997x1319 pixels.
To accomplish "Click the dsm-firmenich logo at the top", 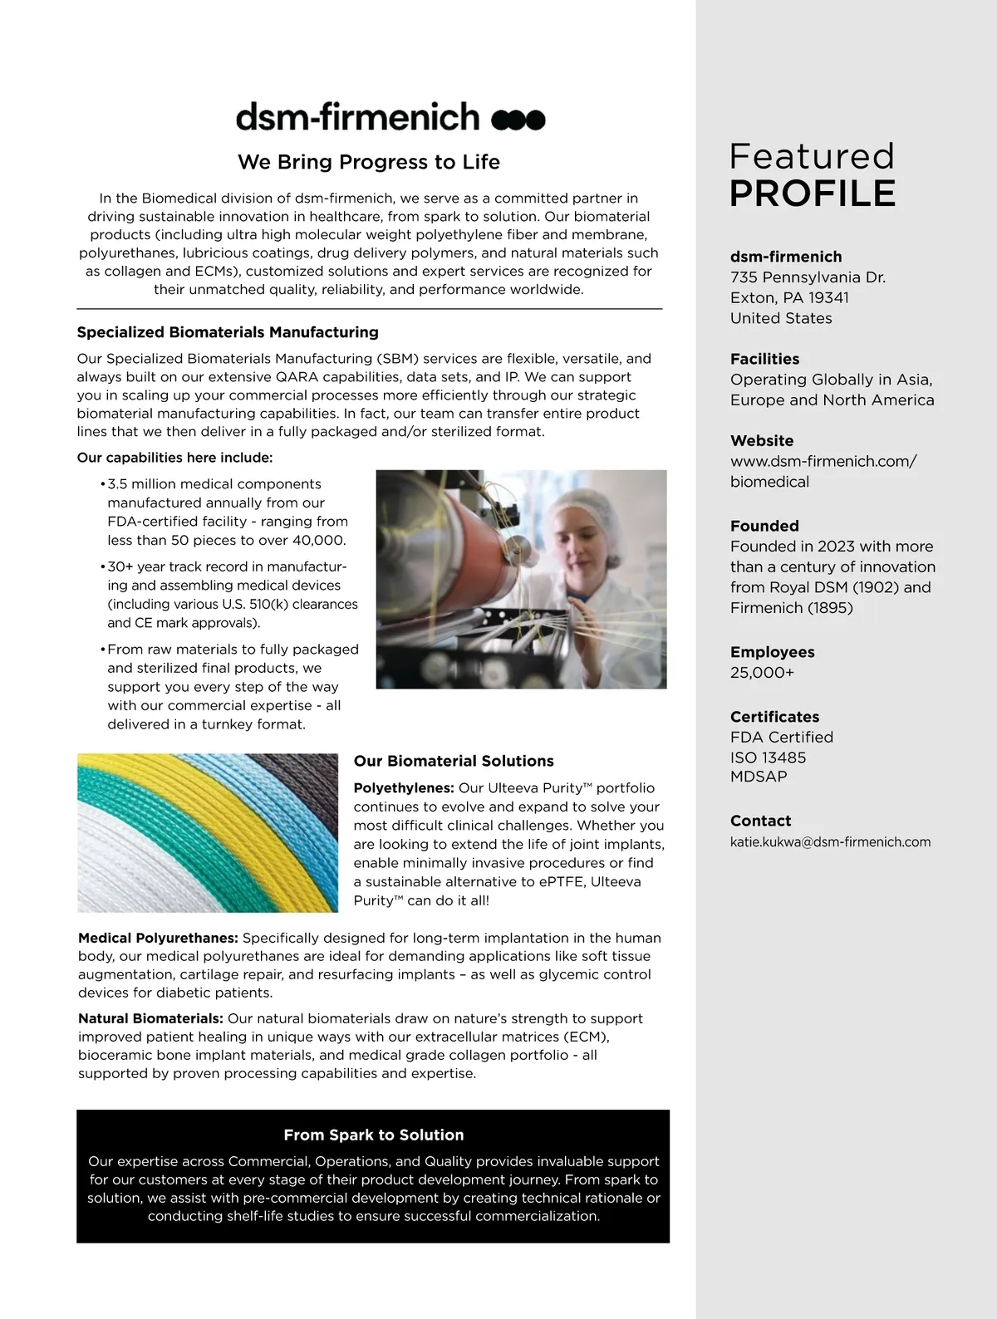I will tap(357, 117).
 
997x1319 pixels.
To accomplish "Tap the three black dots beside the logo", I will tap(518, 120).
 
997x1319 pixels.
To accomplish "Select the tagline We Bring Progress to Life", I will tap(369, 162).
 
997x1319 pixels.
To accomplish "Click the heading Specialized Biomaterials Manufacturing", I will tap(228, 332).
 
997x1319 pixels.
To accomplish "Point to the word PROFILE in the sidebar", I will tap(813, 194).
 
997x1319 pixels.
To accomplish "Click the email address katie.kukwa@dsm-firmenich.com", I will tap(830, 842).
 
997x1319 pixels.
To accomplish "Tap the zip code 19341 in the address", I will tap(828, 297).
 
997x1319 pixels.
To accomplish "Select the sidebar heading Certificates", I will tap(774, 717).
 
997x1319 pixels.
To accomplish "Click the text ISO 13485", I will tap(768, 758).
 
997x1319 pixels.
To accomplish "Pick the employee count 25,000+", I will tap(762, 673).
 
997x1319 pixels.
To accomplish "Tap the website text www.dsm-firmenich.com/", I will tap(823, 461).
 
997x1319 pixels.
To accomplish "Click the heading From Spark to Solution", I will tap(373, 1135).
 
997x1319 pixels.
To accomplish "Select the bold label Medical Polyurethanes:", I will tap(158, 938).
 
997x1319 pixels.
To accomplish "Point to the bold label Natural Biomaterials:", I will tap(150, 1018).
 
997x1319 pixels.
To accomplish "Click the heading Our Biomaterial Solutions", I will tap(454, 761).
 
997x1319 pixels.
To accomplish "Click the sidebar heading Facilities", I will tap(764, 359).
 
